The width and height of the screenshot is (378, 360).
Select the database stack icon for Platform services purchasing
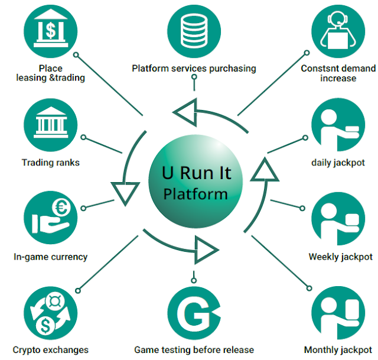[x=194, y=27]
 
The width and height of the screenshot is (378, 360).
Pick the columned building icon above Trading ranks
[x=51, y=125]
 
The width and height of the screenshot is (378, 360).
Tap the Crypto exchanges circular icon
[x=51, y=313]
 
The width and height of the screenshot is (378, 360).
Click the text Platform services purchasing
[x=194, y=68]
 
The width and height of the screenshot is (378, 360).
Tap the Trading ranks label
[x=51, y=163]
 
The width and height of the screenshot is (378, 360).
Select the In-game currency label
[x=51, y=257]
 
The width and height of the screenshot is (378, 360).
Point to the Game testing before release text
[x=194, y=350]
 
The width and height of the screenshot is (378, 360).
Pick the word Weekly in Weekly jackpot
[x=322, y=257]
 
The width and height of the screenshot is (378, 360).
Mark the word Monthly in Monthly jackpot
[x=321, y=350]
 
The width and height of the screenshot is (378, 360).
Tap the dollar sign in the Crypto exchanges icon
[x=43, y=325]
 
